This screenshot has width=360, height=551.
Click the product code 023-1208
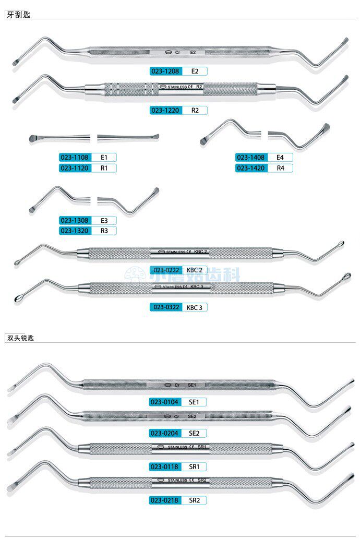[164, 70]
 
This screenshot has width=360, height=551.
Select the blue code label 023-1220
[164, 110]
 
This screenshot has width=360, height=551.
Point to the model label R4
[280, 168]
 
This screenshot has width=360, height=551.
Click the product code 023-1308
[74, 220]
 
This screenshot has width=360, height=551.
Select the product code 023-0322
[164, 307]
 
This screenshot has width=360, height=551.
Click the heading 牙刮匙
[18, 15]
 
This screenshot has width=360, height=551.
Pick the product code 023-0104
[164, 402]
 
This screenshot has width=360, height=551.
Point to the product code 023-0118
[164, 466]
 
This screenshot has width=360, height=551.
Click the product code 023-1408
[251, 157]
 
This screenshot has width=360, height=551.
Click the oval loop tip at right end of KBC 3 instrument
[347, 276]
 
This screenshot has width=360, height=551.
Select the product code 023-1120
[74, 168]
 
